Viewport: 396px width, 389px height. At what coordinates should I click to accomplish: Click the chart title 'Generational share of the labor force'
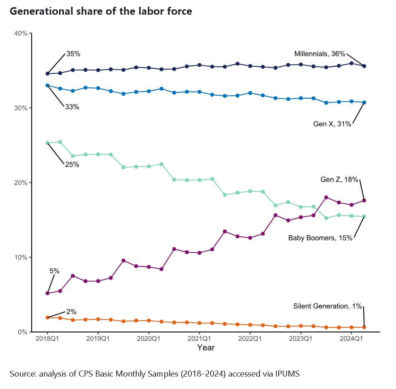101,12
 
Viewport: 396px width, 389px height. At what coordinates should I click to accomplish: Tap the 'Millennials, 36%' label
320,54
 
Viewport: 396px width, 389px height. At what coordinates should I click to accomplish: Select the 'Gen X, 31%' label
332,124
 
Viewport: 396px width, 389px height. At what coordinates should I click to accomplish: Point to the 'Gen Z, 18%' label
339,180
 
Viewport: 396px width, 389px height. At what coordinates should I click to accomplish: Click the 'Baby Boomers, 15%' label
320,238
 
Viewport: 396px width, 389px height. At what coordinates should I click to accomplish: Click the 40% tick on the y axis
21,34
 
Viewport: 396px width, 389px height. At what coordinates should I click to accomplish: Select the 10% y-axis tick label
21,258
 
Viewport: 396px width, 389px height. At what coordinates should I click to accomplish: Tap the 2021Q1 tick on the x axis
199,338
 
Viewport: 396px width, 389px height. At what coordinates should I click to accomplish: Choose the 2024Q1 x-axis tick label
351,338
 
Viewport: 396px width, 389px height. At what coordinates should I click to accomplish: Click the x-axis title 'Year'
206,348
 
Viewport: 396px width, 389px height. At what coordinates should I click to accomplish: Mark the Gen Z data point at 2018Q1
47,293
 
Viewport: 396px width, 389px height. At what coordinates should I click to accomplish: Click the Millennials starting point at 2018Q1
47,73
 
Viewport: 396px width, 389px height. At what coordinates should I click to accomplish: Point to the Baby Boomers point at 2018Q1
47,143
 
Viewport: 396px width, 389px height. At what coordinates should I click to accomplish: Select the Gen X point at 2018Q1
47,85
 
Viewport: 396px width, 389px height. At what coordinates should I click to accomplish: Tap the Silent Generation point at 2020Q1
149,320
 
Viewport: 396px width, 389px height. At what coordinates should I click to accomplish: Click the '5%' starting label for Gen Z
55,271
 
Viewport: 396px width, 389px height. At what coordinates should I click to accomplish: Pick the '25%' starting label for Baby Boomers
72,165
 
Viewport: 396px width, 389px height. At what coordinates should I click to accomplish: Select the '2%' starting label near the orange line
71,312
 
